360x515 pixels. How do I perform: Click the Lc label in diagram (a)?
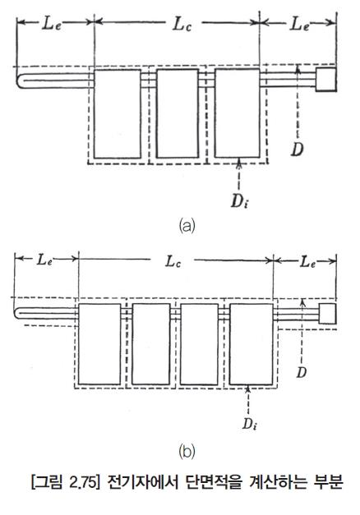pyautogui.click(x=182, y=25)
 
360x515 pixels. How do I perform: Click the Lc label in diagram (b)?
pyautogui.click(x=173, y=262)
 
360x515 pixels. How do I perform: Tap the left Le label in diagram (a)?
pyautogui.click(x=51, y=25)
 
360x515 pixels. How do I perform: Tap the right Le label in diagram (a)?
pyautogui.click(x=299, y=25)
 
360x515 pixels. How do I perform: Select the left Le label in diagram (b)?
pyautogui.click(x=44, y=260)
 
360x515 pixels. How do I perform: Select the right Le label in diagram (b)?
pyautogui.click(x=307, y=262)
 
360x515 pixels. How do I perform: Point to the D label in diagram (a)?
pyautogui.click(x=297, y=149)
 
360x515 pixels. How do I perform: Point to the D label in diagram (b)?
pyautogui.click(x=301, y=372)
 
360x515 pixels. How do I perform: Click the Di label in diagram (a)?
pyautogui.click(x=239, y=201)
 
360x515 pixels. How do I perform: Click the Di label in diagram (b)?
pyautogui.click(x=249, y=424)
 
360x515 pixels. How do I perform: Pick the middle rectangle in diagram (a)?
pyautogui.click(x=178, y=113)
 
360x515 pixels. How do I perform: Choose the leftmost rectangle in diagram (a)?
pyautogui.click(x=117, y=113)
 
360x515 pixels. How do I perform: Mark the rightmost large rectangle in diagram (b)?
pyautogui.click(x=252, y=344)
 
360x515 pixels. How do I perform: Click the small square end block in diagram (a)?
pyautogui.click(x=325, y=80)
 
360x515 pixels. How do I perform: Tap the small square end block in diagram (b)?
pyautogui.click(x=327, y=314)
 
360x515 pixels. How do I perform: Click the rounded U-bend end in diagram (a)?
pyautogui.click(x=19, y=81)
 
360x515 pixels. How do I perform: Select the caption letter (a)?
pyautogui.click(x=187, y=227)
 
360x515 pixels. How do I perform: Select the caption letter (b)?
pyautogui.click(x=187, y=452)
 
